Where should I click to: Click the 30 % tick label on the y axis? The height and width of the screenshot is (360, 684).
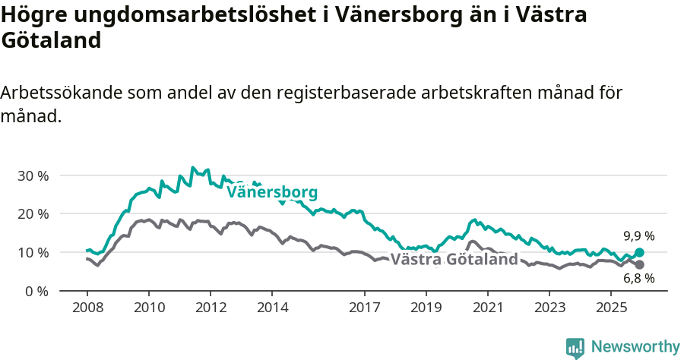(x=33, y=175)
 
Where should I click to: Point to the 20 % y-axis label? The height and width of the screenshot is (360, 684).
(x=33, y=214)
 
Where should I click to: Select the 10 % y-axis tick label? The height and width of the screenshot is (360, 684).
(x=33, y=252)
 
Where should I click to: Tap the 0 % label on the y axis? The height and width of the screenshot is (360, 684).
(x=36, y=291)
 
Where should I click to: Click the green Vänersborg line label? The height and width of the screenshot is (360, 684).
(x=272, y=192)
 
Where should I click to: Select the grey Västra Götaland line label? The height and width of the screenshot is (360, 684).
(x=454, y=260)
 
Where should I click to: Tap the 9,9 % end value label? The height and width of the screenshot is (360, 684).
(x=639, y=235)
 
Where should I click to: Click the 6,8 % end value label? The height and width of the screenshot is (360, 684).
(x=639, y=279)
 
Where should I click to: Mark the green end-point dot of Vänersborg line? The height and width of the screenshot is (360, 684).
(x=639, y=253)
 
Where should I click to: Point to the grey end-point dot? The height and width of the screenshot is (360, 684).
(x=639, y=264)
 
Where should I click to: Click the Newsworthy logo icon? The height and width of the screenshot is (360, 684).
(x=575, y=348)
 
